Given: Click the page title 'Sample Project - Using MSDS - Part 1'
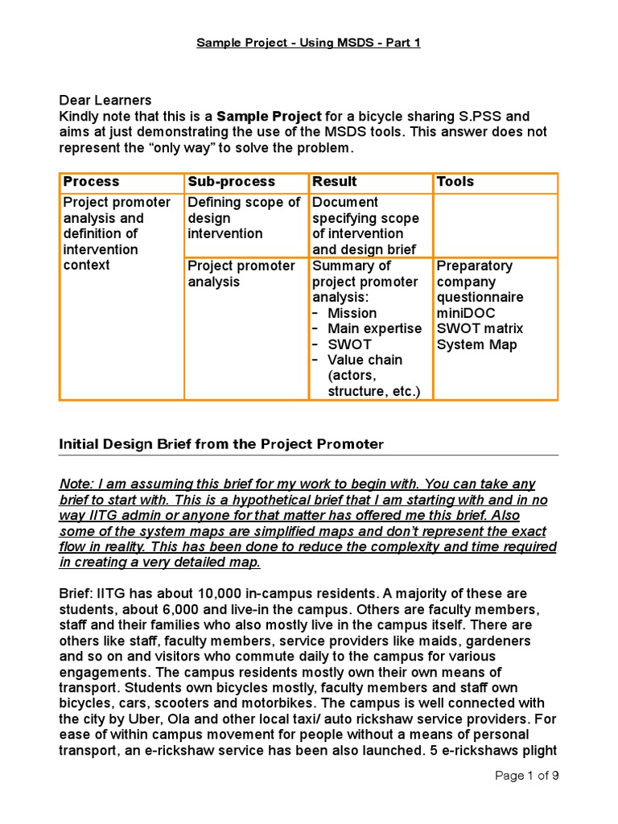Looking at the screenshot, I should [309, 43].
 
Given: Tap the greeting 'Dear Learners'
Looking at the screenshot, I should [105, 101].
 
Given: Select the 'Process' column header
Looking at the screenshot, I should [91, 182].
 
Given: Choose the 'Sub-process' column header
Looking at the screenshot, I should [231, 182].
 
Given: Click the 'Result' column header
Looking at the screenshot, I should [334, 182].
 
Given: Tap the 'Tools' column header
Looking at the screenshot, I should [455, 182].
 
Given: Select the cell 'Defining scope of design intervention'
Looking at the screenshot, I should [244, 218].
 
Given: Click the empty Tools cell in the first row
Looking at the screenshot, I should [495, 225].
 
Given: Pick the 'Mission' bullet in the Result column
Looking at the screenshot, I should [352, 313].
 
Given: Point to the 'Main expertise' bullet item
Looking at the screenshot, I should [374, 328].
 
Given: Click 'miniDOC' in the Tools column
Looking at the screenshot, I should [467, 313].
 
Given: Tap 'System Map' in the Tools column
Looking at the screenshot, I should [476, 344].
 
